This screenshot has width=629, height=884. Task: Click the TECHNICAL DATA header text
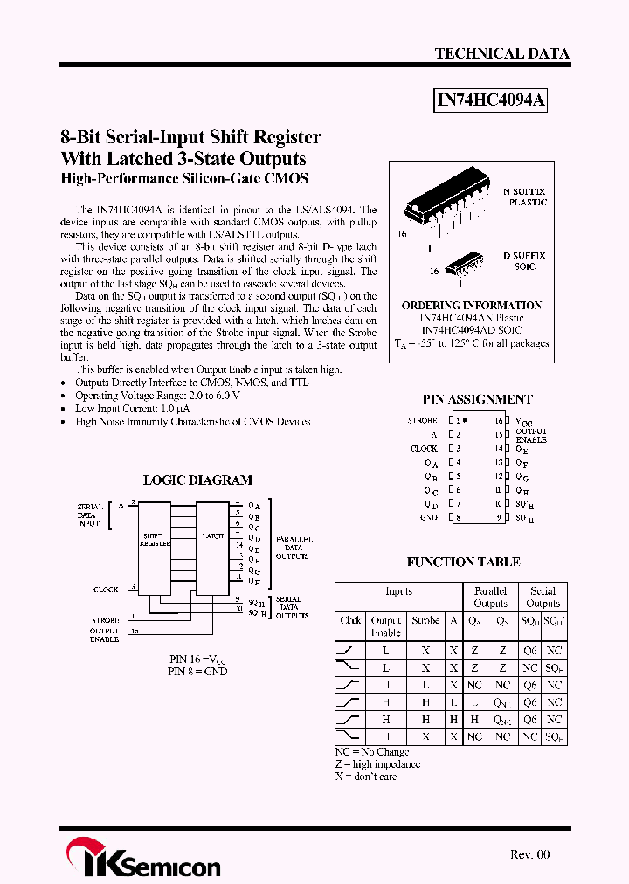(501, 53)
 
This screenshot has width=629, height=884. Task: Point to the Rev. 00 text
(529, 854)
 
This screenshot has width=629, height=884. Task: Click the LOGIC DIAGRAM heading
(197, 480)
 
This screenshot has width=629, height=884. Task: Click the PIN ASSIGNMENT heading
(477, 398)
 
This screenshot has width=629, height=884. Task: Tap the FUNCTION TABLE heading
(463, 562)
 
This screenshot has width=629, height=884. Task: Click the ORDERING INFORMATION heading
(472, 306)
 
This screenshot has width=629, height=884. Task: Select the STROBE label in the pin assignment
(422, 420)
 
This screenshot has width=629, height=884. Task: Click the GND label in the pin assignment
(428, 518)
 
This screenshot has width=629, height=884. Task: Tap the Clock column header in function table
(350, 620)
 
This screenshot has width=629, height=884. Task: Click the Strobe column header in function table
(425, 620)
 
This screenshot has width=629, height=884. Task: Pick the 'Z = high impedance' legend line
(377, 763)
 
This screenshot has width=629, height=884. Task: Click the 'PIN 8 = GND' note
(197, 671)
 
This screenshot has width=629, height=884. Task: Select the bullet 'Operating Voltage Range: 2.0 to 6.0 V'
(157, 395)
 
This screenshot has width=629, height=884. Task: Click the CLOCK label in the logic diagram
(106, 590)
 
